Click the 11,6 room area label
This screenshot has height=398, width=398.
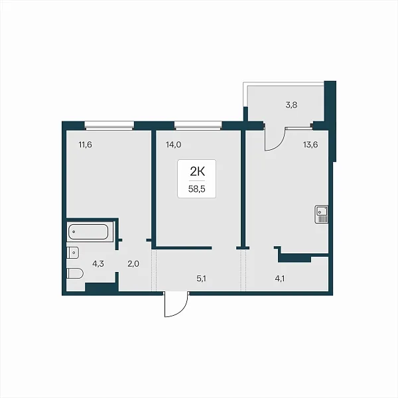pos(86,145)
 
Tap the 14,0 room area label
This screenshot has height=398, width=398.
pos(173,145)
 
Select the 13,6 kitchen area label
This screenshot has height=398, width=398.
pos(310,145)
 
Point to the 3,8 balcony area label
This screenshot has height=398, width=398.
pos(291,105)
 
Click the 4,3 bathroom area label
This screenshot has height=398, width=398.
pos(98,264)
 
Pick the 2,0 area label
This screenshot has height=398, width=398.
pos(133,264)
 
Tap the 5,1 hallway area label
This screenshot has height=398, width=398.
pos(201,279)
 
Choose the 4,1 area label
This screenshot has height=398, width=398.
pos(280,279)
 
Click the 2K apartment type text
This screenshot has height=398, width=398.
pos(197,172)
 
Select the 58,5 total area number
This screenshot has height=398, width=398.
pos(197,189)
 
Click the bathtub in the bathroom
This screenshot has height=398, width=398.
pos(88,232)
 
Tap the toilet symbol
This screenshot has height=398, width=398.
pos(75,273)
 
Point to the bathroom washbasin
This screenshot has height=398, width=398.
pos(73,253)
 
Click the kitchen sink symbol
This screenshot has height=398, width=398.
pos(321,214)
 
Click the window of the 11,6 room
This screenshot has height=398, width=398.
pos(109,126)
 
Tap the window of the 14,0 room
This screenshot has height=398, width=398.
pos(198,126)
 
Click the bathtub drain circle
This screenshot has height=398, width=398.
pos(74,232)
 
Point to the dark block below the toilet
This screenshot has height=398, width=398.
pos(101,287)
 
